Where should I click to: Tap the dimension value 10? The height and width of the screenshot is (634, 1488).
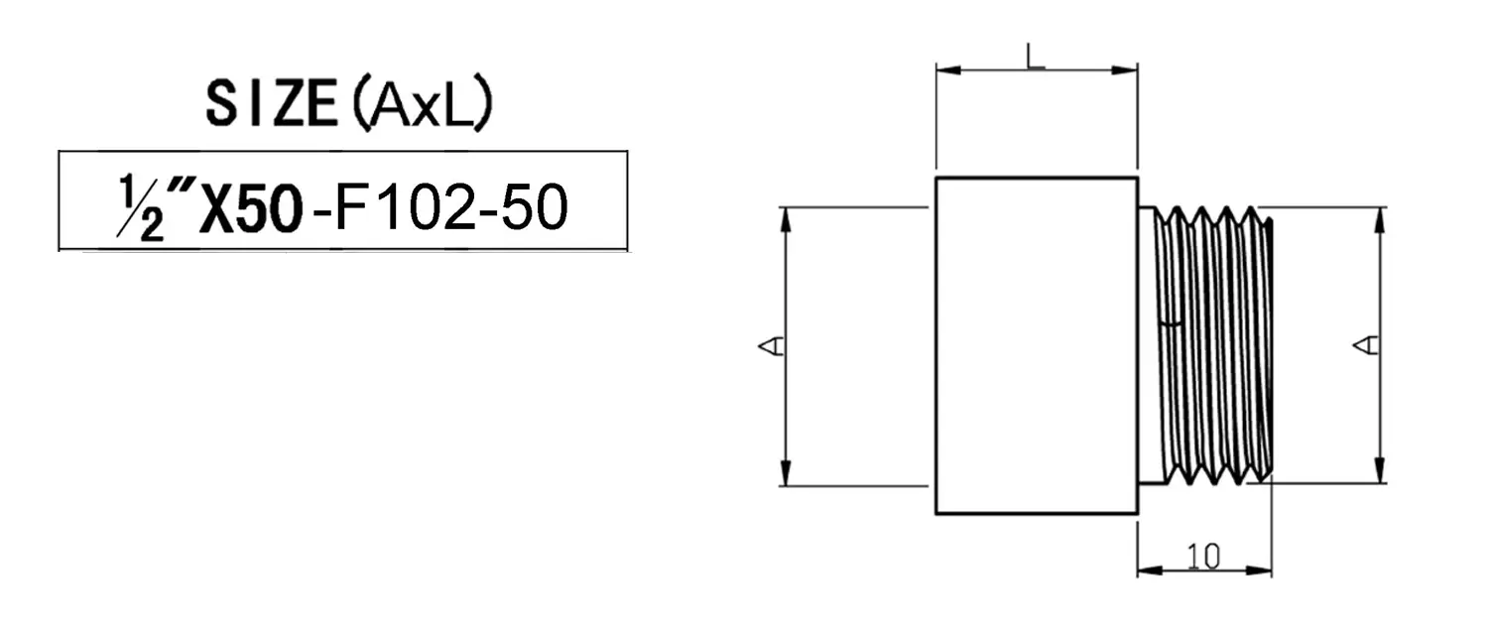1203,557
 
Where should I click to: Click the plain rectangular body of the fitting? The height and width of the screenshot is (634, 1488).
1037,345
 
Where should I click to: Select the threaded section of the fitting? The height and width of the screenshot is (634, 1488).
1215,345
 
